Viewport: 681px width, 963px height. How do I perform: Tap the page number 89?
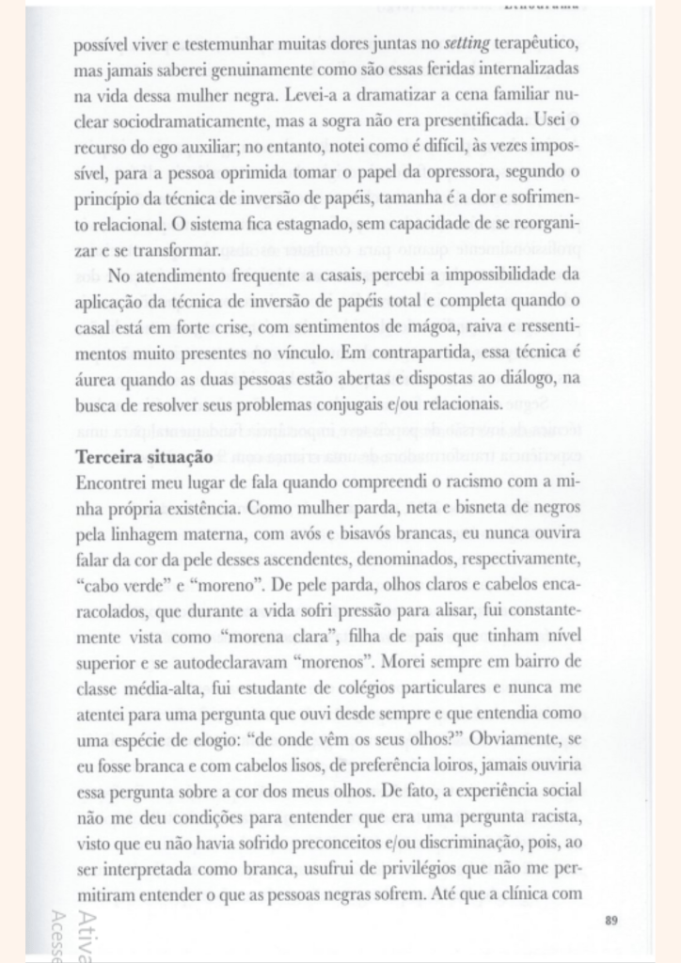coord(611,919)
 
